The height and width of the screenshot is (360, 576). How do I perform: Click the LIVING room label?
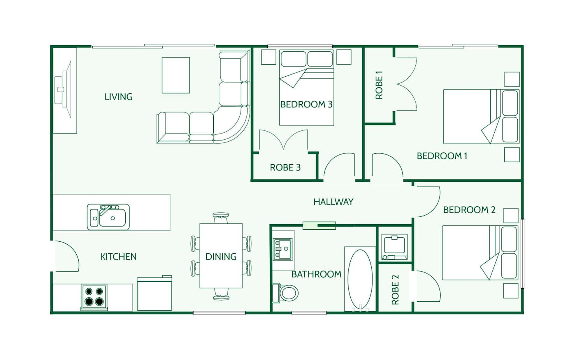point(119,97)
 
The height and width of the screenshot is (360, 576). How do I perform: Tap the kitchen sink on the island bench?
point(108,217)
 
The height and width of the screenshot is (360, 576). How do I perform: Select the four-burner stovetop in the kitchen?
point(94,297)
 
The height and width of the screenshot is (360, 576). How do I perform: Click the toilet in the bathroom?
point(285,293)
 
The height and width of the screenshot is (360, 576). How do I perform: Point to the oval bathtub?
point(360,279)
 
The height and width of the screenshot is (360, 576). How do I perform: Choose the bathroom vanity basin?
point(282,249)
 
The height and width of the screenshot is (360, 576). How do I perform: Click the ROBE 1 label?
point(379,85)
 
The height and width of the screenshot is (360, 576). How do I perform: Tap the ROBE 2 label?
point(395,290)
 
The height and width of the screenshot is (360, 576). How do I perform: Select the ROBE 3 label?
point(285,167)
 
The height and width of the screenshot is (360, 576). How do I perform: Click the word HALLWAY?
point(333,202)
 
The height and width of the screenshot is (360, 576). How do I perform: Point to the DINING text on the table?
point(221,256)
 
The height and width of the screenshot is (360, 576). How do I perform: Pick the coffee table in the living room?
point(176,75)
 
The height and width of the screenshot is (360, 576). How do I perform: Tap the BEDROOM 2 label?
point(469,210)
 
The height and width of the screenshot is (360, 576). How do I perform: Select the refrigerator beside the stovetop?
point(155,293)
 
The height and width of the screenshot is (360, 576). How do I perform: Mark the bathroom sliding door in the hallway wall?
point(319,225)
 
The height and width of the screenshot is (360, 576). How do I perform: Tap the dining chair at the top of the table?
point(221,218)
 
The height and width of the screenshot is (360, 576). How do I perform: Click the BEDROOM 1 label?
point(442,156)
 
